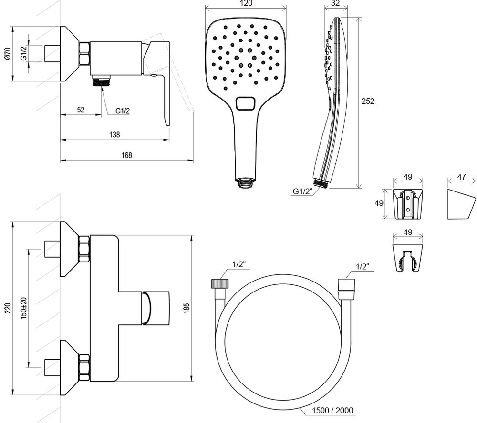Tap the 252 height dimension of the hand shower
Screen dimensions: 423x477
[368, 101]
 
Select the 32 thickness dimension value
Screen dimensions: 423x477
[335, 3]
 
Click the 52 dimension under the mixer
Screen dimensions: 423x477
[81, 110]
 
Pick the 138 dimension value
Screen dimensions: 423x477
[114, 135]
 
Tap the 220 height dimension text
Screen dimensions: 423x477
[7, 309]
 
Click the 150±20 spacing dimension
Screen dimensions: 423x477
[23, 308]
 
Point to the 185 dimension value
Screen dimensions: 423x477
[186, 308]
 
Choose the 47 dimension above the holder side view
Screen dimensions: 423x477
[462, 176]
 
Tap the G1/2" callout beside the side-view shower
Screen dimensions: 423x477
[302, 192]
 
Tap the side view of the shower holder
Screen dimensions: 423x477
[461, 205]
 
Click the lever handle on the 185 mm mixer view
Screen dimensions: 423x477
[156, 308]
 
